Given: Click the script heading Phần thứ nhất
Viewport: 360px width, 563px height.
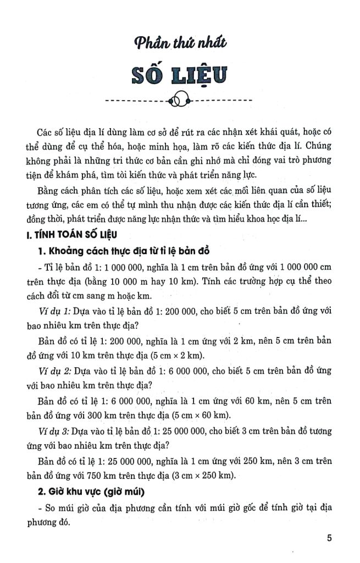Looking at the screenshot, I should tap(180, 43).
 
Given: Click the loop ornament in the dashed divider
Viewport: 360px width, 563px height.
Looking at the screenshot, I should tap(180, 101).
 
